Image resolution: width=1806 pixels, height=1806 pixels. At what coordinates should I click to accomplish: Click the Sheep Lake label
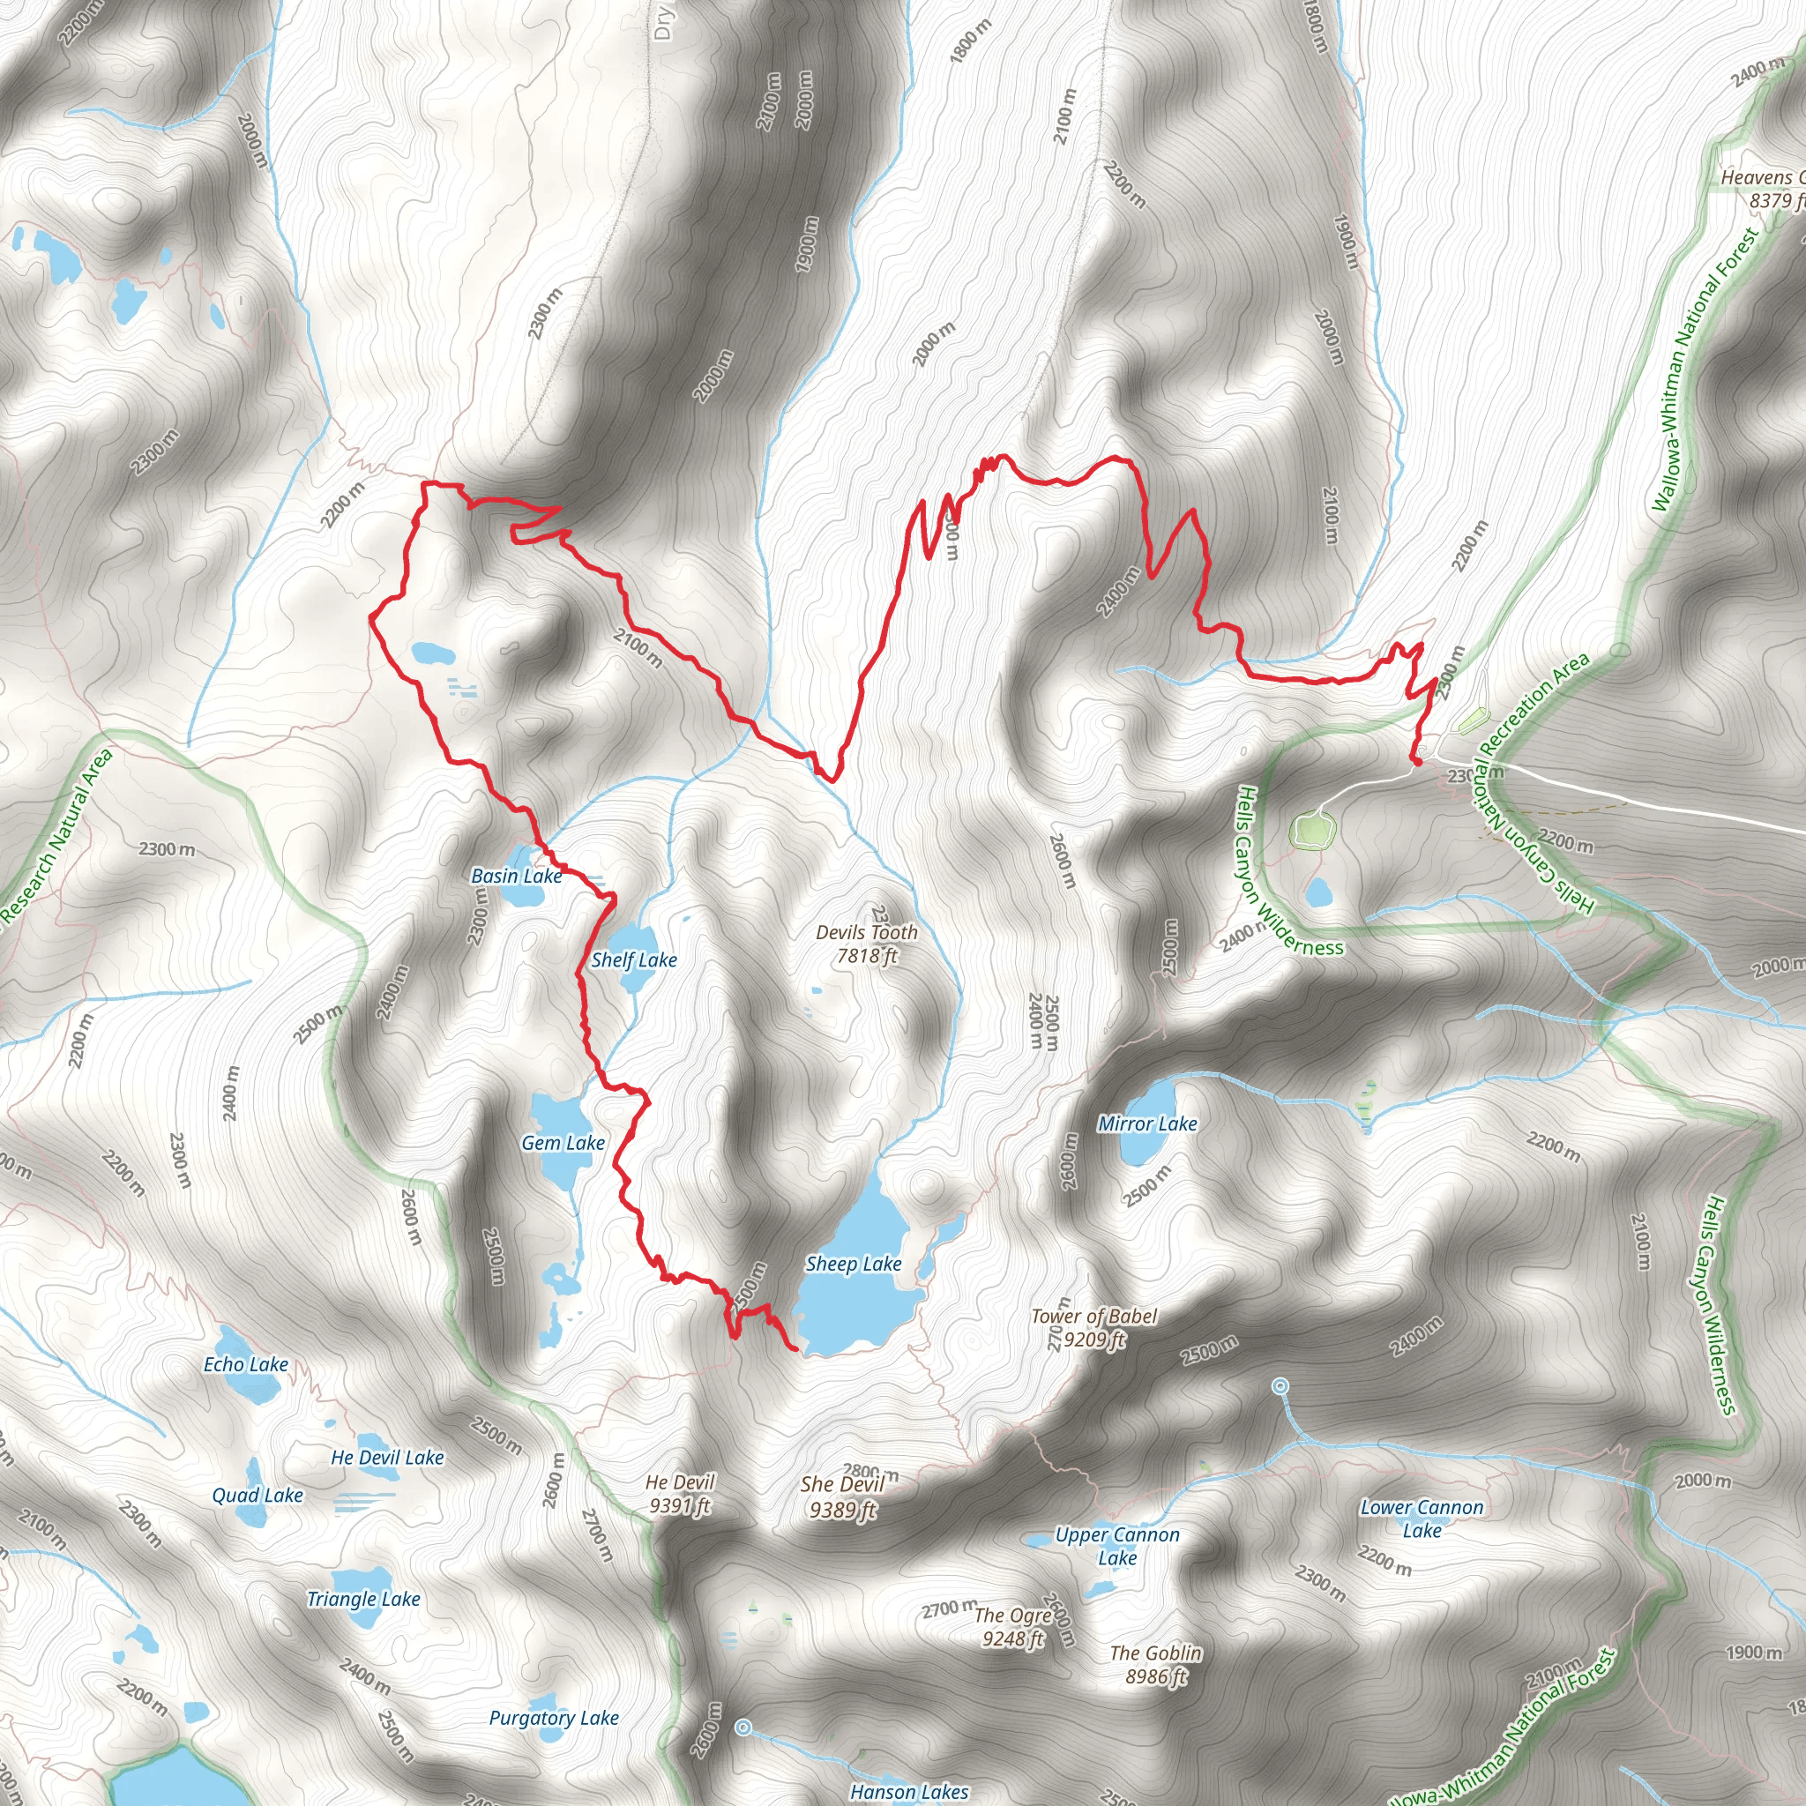coord(854,1264)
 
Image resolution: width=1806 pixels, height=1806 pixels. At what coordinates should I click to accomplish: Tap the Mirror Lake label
coord(1147,1123)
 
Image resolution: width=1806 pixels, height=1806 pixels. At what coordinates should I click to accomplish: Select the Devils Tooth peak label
coord(867,944)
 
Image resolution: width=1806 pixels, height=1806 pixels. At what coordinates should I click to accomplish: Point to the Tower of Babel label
coord(1093,1327)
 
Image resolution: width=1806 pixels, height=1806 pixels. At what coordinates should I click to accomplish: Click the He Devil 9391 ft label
coord(680,1493)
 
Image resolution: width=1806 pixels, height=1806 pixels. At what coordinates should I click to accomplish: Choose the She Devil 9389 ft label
coord(842,1496)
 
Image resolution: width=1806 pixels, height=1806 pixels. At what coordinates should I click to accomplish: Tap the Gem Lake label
coord(563,1142)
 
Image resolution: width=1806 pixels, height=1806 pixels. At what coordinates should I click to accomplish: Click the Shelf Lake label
coord(634,959)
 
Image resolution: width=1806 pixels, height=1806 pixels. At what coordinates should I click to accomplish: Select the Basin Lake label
coord(516,875)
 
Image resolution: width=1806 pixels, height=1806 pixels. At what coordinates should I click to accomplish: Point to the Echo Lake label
coord(246,1364)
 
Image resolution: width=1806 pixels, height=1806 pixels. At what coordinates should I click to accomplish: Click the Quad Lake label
coord(257,1495)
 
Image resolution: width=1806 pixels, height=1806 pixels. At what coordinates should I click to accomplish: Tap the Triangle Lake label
coord(363,1599)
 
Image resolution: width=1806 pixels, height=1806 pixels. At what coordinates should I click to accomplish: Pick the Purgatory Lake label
coord(554,1717)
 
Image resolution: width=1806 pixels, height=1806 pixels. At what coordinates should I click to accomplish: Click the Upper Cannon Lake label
coord(1117,1546)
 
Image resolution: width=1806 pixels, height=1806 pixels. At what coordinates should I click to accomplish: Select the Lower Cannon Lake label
coord(1421,1519)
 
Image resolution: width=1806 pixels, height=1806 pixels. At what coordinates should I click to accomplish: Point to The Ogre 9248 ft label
coord(1013,1625)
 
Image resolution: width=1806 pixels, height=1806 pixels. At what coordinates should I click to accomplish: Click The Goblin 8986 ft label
coord(1155,1664)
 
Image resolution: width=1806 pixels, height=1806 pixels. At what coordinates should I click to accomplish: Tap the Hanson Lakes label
coord(908,1791)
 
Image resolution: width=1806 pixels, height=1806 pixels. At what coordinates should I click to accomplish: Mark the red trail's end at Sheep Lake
coord(795,1349)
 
